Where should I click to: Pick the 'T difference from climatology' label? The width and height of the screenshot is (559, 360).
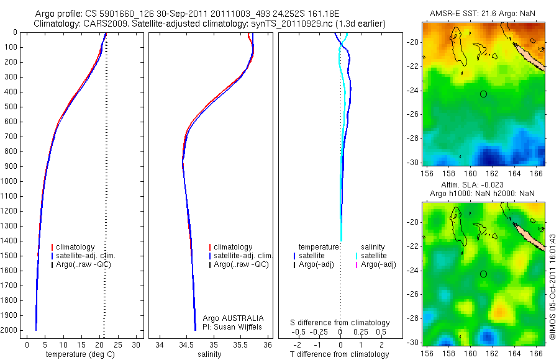coord(340,354)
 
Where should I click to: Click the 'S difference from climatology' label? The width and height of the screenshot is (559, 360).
coord(340,323)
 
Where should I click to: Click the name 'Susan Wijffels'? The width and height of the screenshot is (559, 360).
coord(239,326)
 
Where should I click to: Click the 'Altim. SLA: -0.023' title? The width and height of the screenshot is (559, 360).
coord(479,185)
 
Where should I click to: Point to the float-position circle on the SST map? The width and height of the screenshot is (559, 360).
coord(483,94)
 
